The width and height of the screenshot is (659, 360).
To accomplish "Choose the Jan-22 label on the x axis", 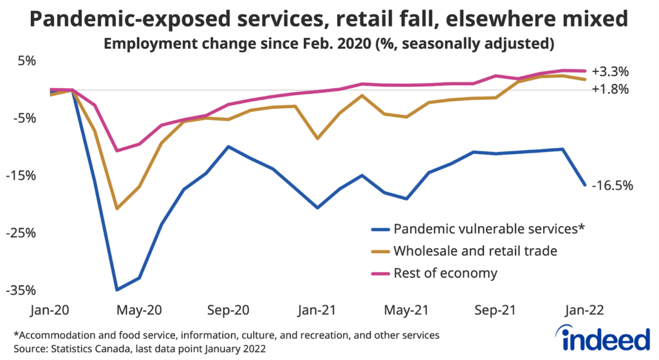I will tap(584, 310).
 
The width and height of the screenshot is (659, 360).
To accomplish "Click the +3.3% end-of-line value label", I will tap(610, 71).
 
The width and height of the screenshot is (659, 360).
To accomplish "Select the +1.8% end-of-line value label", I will tap(610, 90).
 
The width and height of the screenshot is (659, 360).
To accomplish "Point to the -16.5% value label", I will tap(612, 185).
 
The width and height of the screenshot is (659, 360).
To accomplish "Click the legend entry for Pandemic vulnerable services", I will tap(488, 229).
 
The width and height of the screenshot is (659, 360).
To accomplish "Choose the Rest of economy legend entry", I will tap(445, 273).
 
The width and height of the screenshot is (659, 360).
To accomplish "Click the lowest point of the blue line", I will tap(116, 290).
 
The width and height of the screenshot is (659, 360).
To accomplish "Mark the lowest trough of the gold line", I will tap(116, 209).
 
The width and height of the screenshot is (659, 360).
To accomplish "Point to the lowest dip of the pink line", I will tap(116, 151).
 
